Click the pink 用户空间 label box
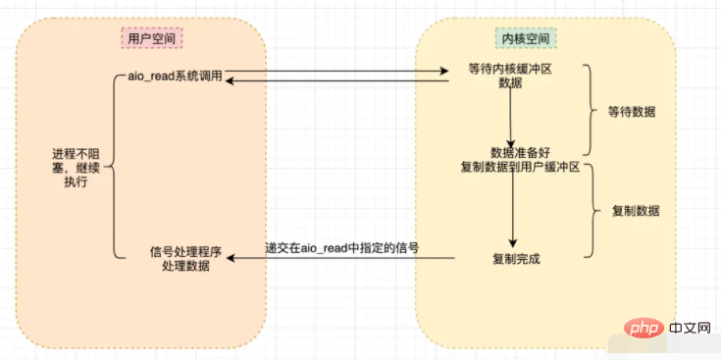pos(152,38)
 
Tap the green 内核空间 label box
pos(525,37)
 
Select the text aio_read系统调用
pos(176,77)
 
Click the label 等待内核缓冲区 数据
pos(509,77)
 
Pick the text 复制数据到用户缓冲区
pos(520,167)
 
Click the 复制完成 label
pos(515,259)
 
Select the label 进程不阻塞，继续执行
pos(76,168)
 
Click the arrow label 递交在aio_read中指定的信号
pos(341,248)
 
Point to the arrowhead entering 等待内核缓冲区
pos(443,71)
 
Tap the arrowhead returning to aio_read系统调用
pos(230,80)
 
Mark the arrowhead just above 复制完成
pos(512,243)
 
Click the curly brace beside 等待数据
pos(591,110)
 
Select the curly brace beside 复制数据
pos(594,210)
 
